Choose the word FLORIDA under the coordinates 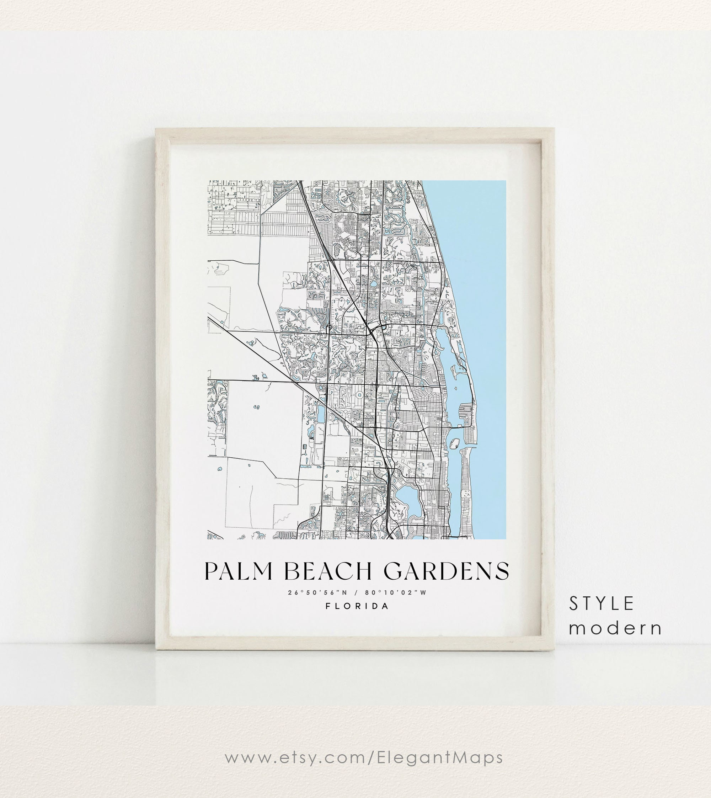357,606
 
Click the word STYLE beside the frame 601,604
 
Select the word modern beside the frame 615,628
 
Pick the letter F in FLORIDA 328,606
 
